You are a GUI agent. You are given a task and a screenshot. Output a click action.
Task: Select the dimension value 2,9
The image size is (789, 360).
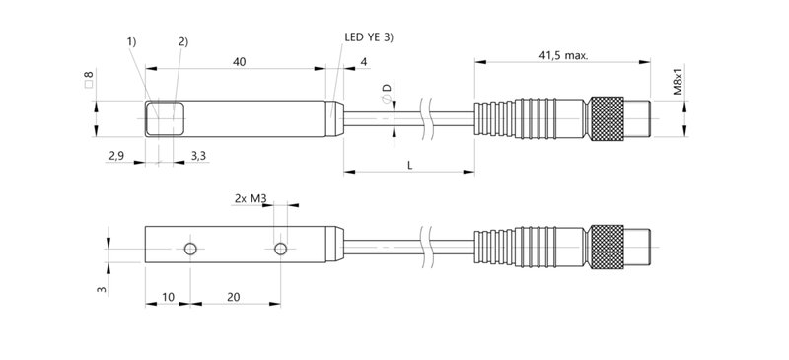116,156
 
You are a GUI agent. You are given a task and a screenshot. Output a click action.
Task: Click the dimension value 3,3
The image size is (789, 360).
198,156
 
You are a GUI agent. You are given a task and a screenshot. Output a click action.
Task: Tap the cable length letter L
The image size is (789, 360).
409,166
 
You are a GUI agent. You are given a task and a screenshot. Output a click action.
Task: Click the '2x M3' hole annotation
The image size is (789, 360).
251,198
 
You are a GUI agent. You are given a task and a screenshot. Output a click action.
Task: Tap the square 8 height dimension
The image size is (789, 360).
90,78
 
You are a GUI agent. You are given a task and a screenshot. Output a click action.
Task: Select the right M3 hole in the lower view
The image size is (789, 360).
281,247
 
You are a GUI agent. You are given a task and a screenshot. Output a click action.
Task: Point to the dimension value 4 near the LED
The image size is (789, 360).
364,62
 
